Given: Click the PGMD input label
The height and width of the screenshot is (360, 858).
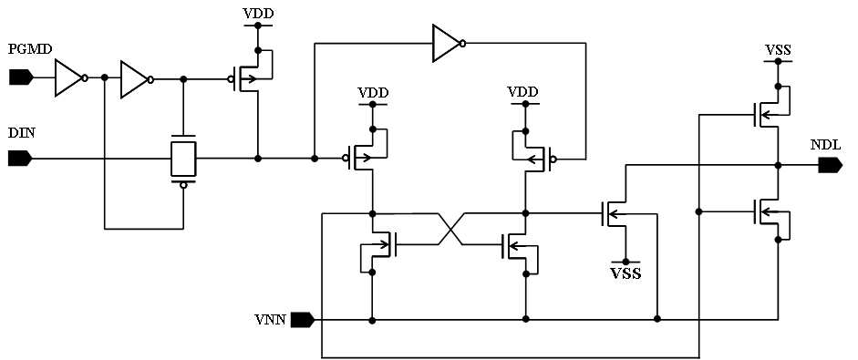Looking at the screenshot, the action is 30,50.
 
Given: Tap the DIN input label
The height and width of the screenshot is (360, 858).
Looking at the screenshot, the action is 21,133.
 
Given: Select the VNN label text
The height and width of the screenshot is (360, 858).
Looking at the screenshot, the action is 270,320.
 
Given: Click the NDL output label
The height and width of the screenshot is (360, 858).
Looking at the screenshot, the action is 824,145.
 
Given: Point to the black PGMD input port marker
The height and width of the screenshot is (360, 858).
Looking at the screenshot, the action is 21,78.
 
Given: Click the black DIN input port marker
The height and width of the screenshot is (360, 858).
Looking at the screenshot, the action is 21,159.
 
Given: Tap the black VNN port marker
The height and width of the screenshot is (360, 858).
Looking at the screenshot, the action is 303,320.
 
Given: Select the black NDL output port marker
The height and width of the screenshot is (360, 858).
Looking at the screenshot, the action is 830,165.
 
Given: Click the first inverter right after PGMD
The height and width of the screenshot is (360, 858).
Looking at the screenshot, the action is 71,78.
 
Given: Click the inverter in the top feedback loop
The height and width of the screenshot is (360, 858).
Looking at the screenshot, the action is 450,43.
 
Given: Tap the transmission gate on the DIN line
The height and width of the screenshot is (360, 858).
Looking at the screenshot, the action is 183,159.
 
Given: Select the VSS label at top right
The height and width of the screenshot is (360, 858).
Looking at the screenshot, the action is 777,51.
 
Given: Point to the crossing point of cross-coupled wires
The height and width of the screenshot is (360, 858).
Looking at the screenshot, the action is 449,229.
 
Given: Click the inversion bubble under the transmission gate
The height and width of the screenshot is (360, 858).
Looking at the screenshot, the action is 183,185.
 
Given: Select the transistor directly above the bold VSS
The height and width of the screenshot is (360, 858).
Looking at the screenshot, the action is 615,214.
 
